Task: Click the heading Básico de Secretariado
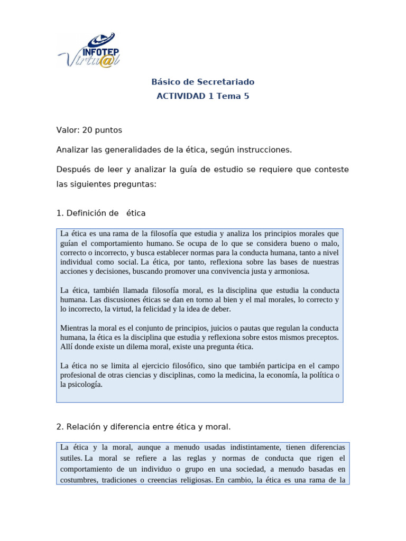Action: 203,82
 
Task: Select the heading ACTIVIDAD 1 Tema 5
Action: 203,96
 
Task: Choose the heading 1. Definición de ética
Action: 101,213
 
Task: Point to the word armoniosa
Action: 290,272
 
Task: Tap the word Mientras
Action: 76,328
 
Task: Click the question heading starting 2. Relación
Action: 143,426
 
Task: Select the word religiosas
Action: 192,480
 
